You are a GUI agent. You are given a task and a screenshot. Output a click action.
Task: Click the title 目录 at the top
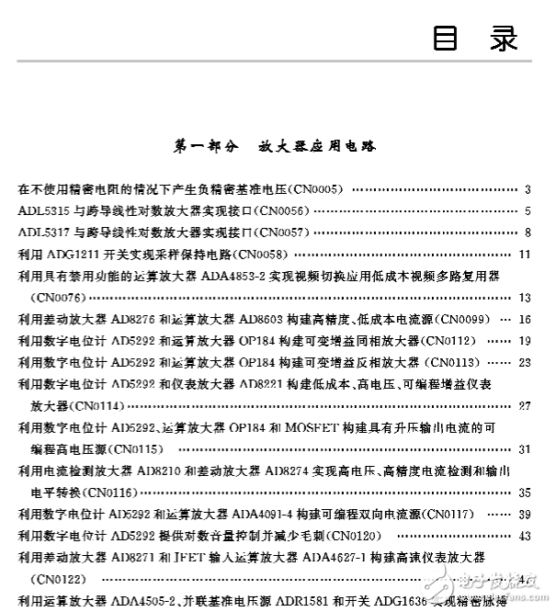(475, 39)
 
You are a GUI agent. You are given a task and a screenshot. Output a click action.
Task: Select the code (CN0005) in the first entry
(315, 190)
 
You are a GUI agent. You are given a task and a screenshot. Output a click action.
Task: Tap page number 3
(528, 190)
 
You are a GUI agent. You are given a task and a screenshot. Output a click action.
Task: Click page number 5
(528, 211)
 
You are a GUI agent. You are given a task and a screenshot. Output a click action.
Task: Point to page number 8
(528, 232)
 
